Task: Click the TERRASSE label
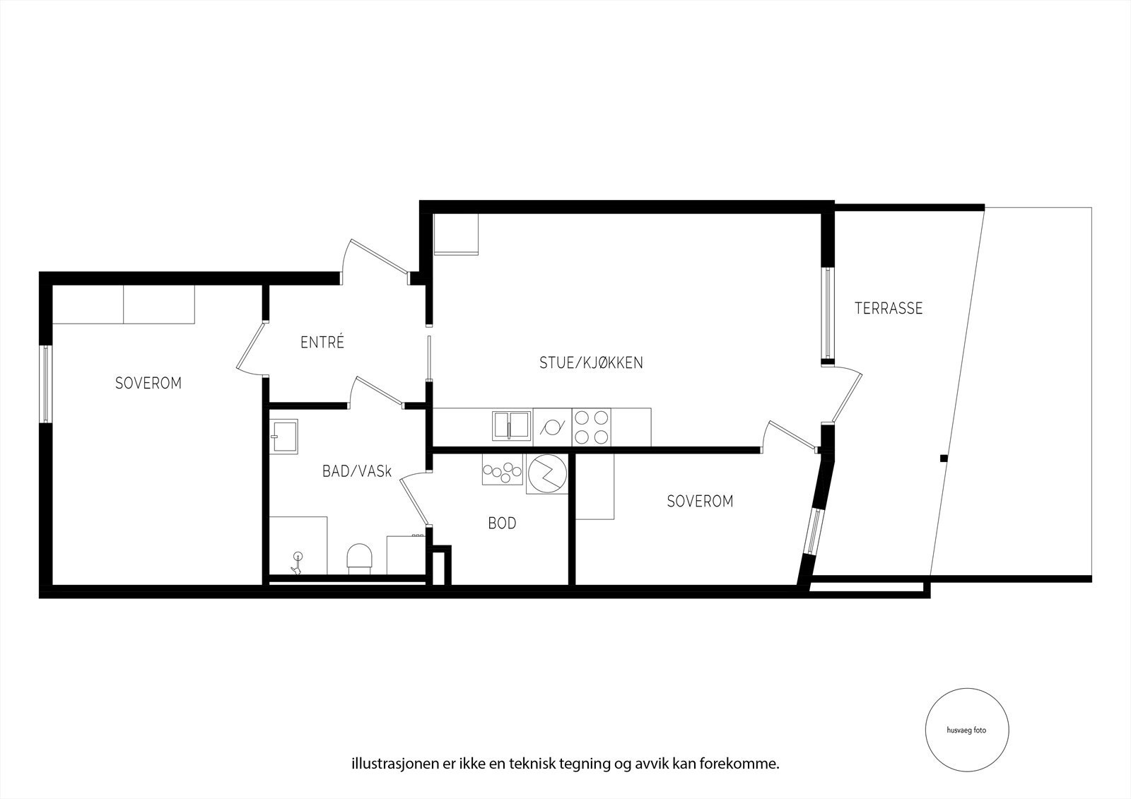click(x=889, y=309)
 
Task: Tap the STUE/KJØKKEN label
click(x=591, y=363)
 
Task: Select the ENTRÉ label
click(x=322, y=343)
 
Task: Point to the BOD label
click(x=502, y=523)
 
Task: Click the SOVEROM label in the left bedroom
click(x=148, y=383)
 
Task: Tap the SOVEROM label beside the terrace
click(x=700, y=501)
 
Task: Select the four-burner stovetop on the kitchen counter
click(x=592, y=427)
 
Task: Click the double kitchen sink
click(x=512, y=425)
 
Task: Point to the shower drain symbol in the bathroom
click(x=298, y=562)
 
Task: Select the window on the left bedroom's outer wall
click(x=45, y=384)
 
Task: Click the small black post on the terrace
click(x=943, y=458)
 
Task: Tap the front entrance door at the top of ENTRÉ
click(x=373, y=258)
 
